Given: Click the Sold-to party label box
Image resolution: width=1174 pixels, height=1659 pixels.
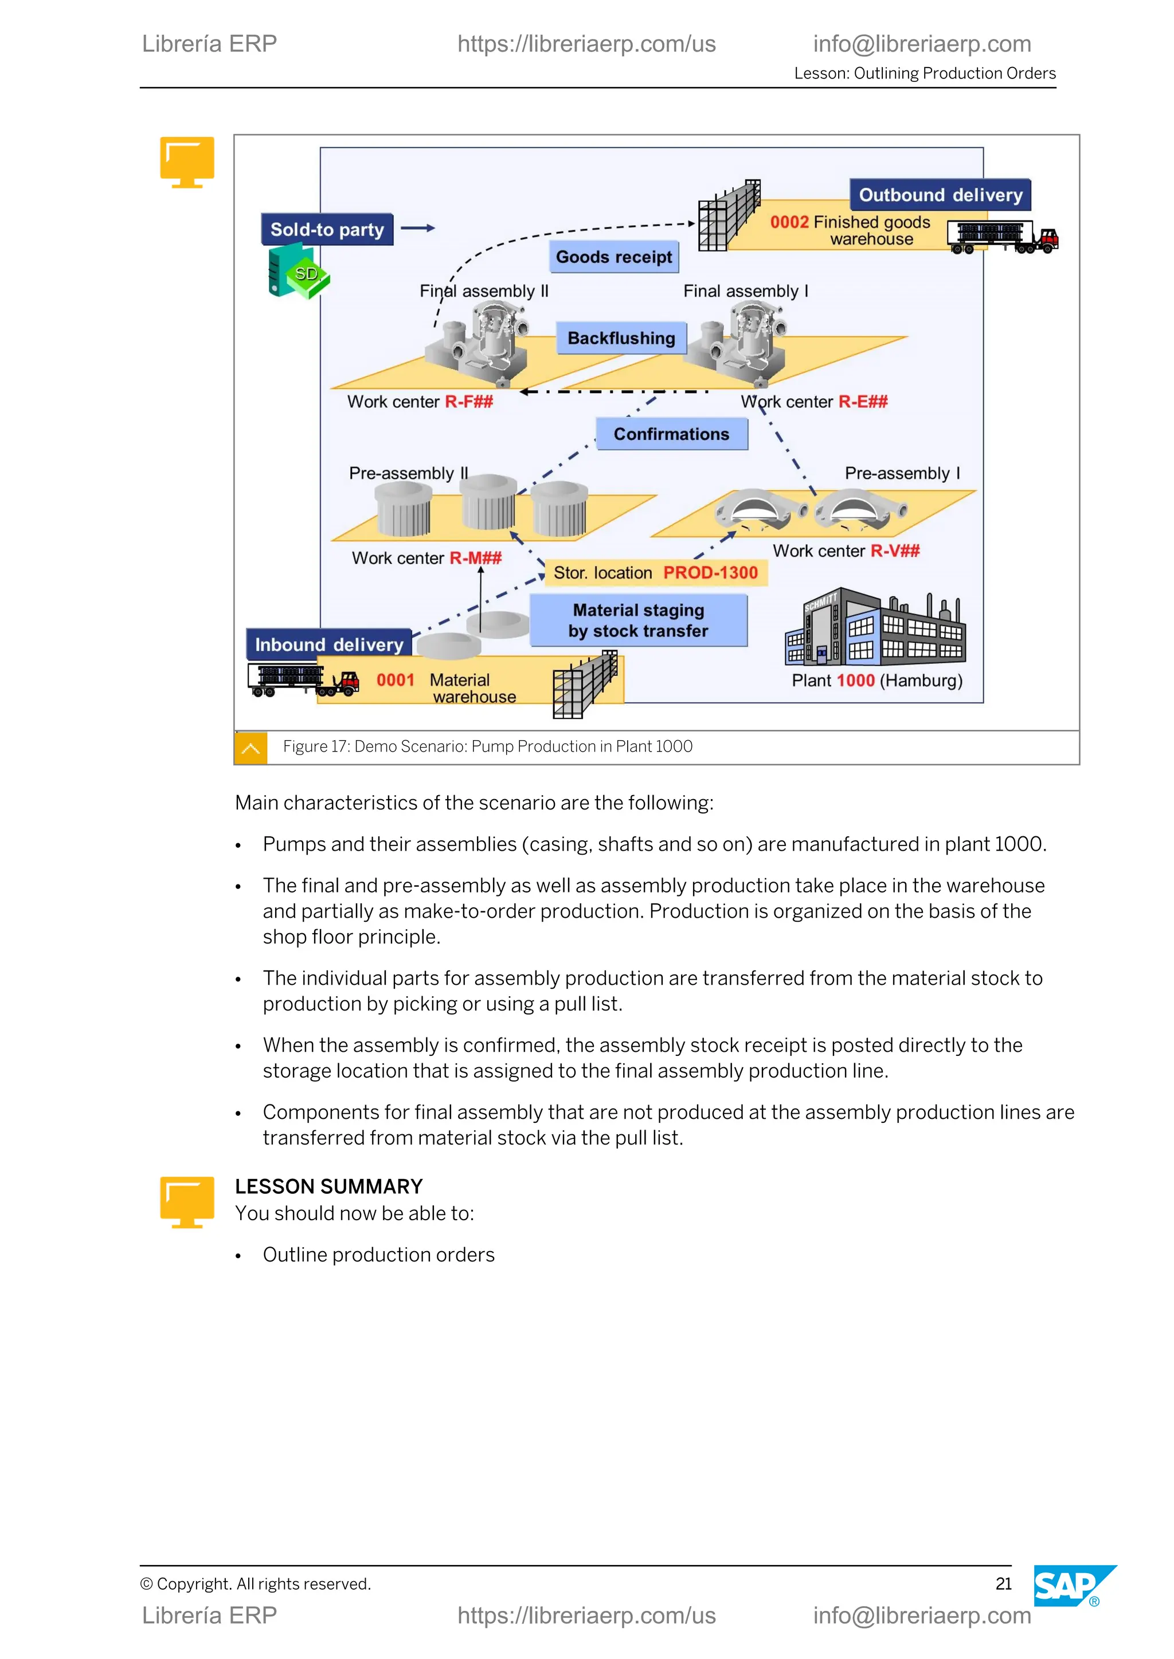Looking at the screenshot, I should coord(327,230).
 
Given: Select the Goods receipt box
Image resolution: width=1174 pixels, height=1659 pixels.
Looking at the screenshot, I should coord(614,257).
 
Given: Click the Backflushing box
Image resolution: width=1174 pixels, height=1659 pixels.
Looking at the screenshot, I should coord(621,338).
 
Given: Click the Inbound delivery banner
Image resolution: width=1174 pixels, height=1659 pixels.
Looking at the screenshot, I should coord(329,644).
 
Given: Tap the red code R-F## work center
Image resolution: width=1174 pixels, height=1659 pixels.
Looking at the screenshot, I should coord(469,402).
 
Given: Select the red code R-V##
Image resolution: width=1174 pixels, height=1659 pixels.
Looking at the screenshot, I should coord(895,551).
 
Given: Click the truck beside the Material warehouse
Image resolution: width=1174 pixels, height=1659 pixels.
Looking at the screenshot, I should coord(304,680).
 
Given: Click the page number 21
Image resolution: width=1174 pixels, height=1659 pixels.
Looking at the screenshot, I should coord(1003,1584).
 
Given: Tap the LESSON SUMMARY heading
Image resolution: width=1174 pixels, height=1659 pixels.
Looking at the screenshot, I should coord(328,1186).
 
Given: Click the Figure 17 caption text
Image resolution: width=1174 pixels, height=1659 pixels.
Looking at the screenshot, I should coord(487,746).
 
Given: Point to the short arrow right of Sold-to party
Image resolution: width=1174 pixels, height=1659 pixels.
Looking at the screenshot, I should coord(418,229).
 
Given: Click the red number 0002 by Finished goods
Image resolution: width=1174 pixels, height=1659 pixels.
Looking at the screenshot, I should coord(789,222).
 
